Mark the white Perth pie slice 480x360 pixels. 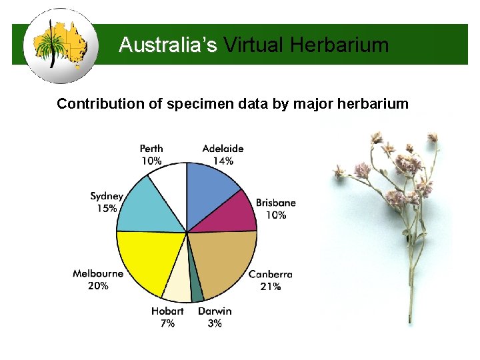coord(170,183)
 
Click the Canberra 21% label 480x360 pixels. coord(270,280)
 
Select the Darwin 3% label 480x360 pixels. coord(215,317)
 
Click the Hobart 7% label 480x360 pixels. coord(167,317)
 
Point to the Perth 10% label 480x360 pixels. coord(151,154)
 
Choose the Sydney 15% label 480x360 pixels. coord(107,202)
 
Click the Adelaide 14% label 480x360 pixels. coord(223,154)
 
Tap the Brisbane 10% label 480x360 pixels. coord(275,209)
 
